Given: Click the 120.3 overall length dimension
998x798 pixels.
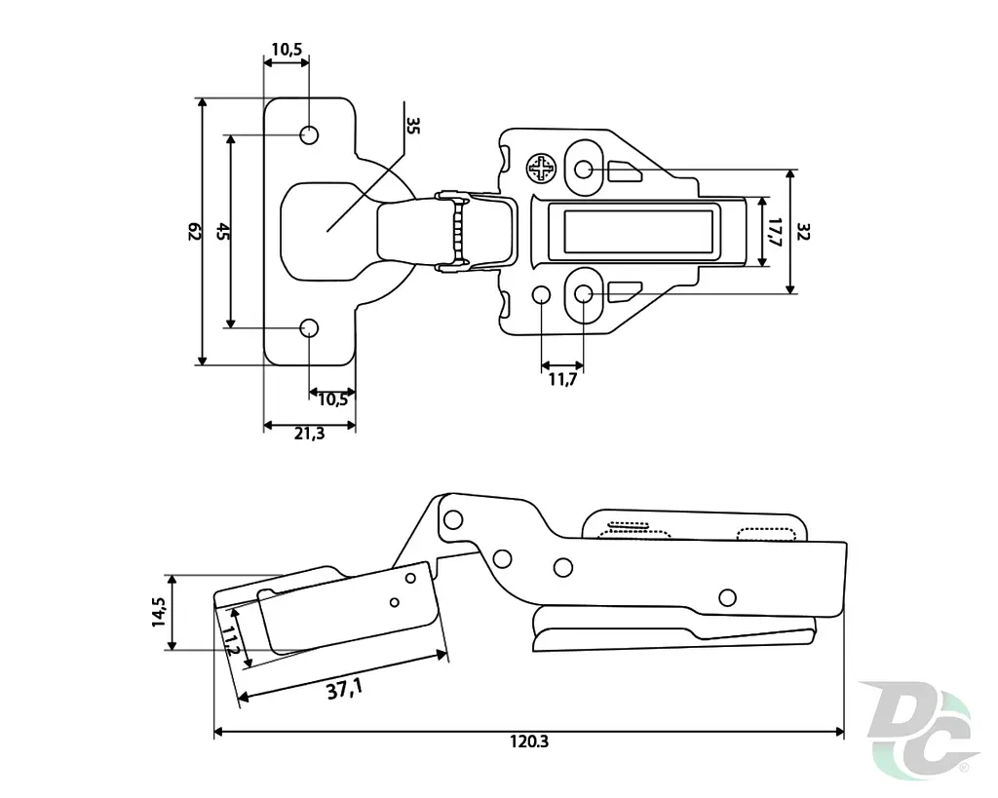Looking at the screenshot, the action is (528, 741).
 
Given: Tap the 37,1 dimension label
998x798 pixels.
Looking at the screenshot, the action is (344, 689).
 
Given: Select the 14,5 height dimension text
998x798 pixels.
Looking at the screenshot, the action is (159, 612).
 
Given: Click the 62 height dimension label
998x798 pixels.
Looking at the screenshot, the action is (195, 232).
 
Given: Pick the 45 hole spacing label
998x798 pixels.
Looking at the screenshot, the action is (223, 231).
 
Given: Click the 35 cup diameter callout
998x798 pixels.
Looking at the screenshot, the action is (413, 126).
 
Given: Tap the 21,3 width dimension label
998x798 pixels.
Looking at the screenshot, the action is (309, 434).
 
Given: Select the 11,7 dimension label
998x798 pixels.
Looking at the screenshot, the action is (562, 380).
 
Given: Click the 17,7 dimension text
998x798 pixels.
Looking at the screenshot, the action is (775, 232).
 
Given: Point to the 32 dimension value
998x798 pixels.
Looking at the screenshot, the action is (803, 232).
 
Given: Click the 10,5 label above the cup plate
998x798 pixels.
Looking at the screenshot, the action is (287, 50).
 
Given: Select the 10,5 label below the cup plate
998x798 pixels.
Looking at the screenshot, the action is (333, 399).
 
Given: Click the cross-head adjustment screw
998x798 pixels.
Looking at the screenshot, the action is (541, 168).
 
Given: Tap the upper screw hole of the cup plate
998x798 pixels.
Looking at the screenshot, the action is (309, 134).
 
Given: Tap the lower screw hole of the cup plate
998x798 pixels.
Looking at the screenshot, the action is (309, 328).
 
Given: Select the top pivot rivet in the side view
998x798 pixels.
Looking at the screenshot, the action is (452, 520).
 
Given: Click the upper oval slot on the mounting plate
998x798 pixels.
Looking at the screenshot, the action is (584, 169).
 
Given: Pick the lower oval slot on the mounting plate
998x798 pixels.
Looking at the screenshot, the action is (584, 294).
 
